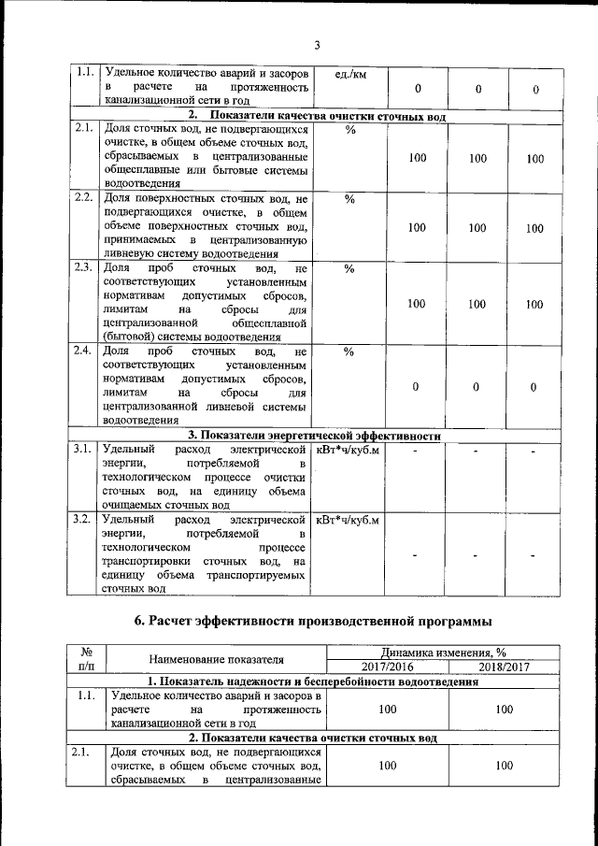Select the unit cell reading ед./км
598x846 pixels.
coord(349,74)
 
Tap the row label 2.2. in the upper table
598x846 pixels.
coord(83,199)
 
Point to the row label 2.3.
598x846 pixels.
coord(83,268)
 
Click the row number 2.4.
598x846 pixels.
coord(83,351)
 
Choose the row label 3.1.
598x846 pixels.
coord(83,450)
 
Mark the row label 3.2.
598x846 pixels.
coord(83,518)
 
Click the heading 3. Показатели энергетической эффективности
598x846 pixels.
coord(314,435)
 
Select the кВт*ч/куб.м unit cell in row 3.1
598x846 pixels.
coord(349,450)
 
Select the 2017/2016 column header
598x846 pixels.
coord(387,667)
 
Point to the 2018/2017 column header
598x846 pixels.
coord(505,667)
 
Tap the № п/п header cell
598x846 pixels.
coord(85,659)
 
